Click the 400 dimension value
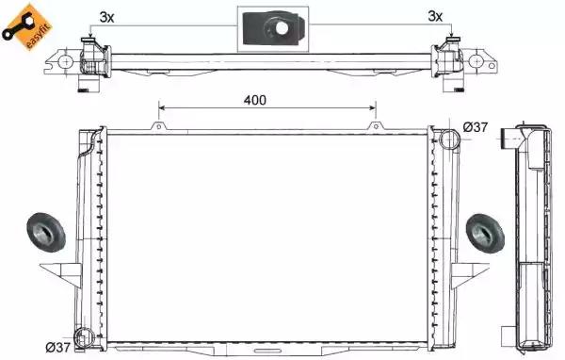point(255,100)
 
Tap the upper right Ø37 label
point(476,127)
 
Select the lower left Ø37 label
point(57,348)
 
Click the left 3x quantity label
point(106,17)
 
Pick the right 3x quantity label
point(435,16)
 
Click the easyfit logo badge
point(26,27)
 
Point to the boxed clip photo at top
point(273,29)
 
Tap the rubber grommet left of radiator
point(46,233)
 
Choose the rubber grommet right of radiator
point(485,234)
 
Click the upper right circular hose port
point(450,139)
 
